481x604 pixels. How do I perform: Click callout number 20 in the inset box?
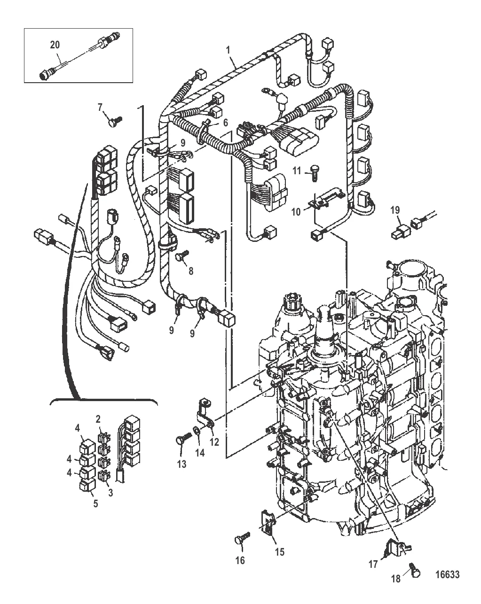pos(55,45)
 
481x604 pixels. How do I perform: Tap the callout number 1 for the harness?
pos(228,51)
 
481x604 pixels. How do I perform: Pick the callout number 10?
pos(296,212)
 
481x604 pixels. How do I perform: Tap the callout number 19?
pos(395,210)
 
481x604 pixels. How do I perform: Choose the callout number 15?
pos(280,552)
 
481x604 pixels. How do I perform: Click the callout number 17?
pos(373,564)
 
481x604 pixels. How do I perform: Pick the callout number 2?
pos(98,419)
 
